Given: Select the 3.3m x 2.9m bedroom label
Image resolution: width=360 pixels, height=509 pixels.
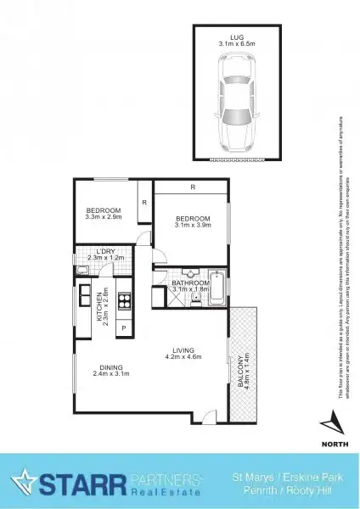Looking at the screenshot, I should pyautogui.click(x=104, y=213).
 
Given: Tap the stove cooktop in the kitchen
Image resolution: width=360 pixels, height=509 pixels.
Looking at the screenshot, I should pyautogui.click(x=125, y=299).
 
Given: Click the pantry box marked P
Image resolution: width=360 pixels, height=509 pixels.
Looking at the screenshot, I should pyautogui.click(x=124, y=327).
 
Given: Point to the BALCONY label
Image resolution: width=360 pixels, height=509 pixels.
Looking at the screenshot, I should pyautogui.click(x=245, y=371).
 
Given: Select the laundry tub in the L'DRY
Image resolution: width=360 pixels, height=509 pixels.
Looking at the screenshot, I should pyautogui.click(x=82, y=271).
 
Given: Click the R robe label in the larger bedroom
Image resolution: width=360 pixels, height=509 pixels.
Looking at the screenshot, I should pyautogui.click(x=194, y=186).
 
